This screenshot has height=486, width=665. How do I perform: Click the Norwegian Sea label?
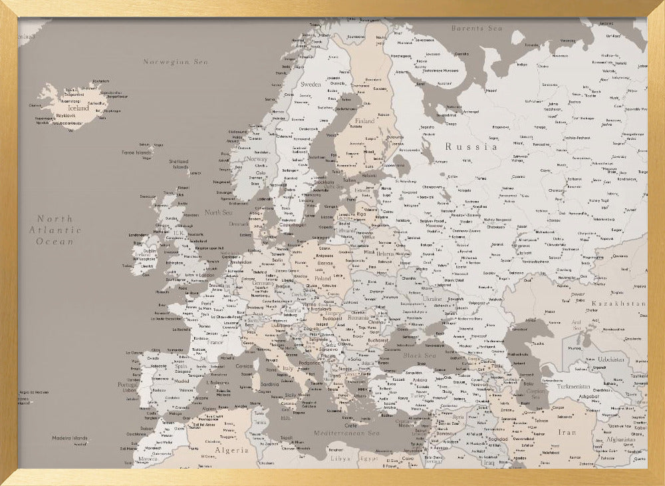point(176,62)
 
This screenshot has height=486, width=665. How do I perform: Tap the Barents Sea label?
point(476,29)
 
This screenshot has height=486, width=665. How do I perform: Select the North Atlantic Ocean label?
point(55,230)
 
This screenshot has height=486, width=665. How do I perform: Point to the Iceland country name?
point(78,108)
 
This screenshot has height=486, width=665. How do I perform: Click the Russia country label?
point(471,146)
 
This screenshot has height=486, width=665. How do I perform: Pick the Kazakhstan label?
point(618,304)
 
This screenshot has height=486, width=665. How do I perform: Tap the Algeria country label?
point(231,450)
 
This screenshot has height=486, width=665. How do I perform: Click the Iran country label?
point(567,432)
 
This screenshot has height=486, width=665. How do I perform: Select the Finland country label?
point(364,121)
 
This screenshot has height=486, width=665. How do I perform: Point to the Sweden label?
point(311,85)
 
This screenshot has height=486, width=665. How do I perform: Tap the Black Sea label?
point(419,356)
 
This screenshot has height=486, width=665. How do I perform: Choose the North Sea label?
point(218,212)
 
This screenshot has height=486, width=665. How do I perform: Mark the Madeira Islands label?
point(70,438)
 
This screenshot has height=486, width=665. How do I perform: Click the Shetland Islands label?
point(178,164)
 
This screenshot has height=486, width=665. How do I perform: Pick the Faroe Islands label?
point(136,152)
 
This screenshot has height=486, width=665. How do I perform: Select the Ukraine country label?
point(432,299)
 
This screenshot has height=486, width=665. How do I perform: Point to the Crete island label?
point(351,425)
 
